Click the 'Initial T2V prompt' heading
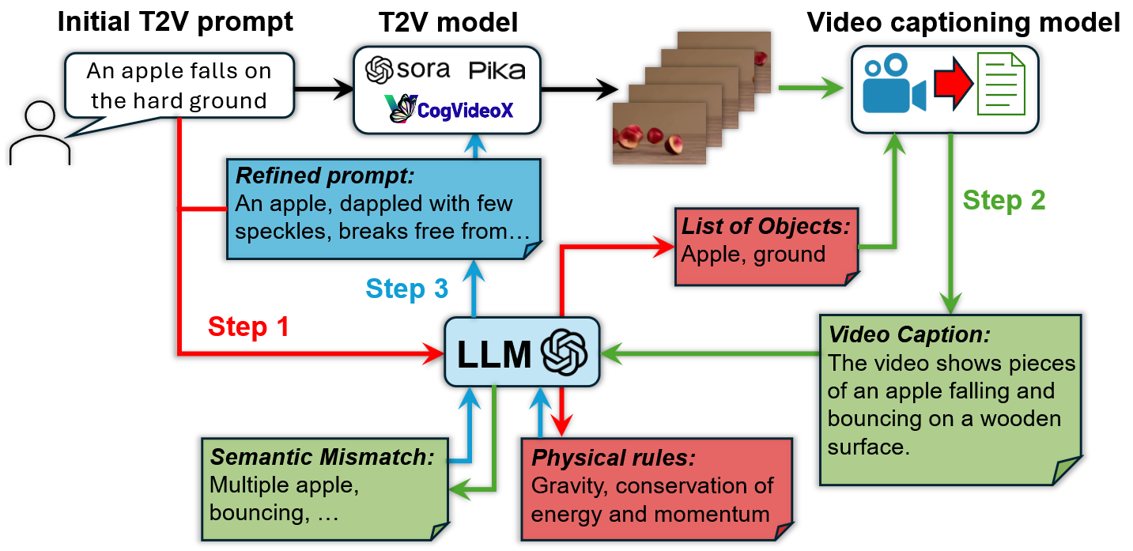[175, 22]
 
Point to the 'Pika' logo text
[497, 70]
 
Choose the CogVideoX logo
[449, 108]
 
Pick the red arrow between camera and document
[951, 84]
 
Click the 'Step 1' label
[248, 326]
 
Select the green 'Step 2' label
[1003, 200]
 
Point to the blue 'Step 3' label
[406, 289]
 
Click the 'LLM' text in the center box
[493, 353]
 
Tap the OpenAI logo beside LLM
[564, 353]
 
